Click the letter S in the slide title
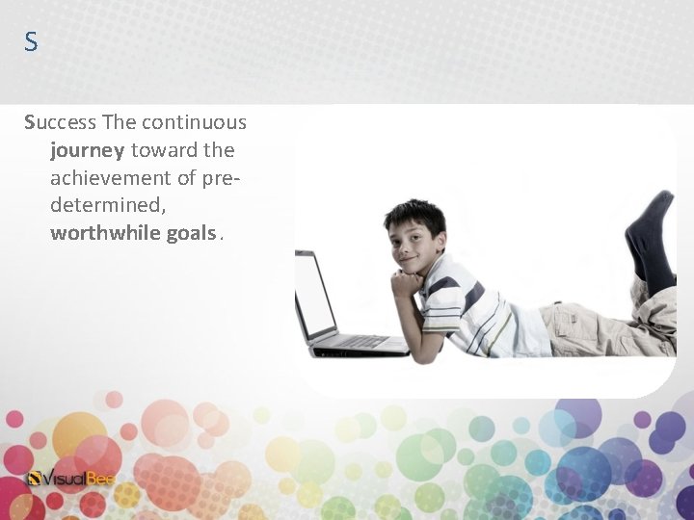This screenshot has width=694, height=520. pos(31,42)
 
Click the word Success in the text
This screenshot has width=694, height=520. pos(60,123)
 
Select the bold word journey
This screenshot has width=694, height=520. pos(87,151)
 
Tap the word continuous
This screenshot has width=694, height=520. pos(194,123)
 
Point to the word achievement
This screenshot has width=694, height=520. pos(110,178)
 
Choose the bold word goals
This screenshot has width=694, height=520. pos(191,234)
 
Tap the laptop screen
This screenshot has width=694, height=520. pos(314,293)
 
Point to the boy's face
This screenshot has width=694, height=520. pos(412,247)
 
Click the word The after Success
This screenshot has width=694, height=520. pos(119,123)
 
